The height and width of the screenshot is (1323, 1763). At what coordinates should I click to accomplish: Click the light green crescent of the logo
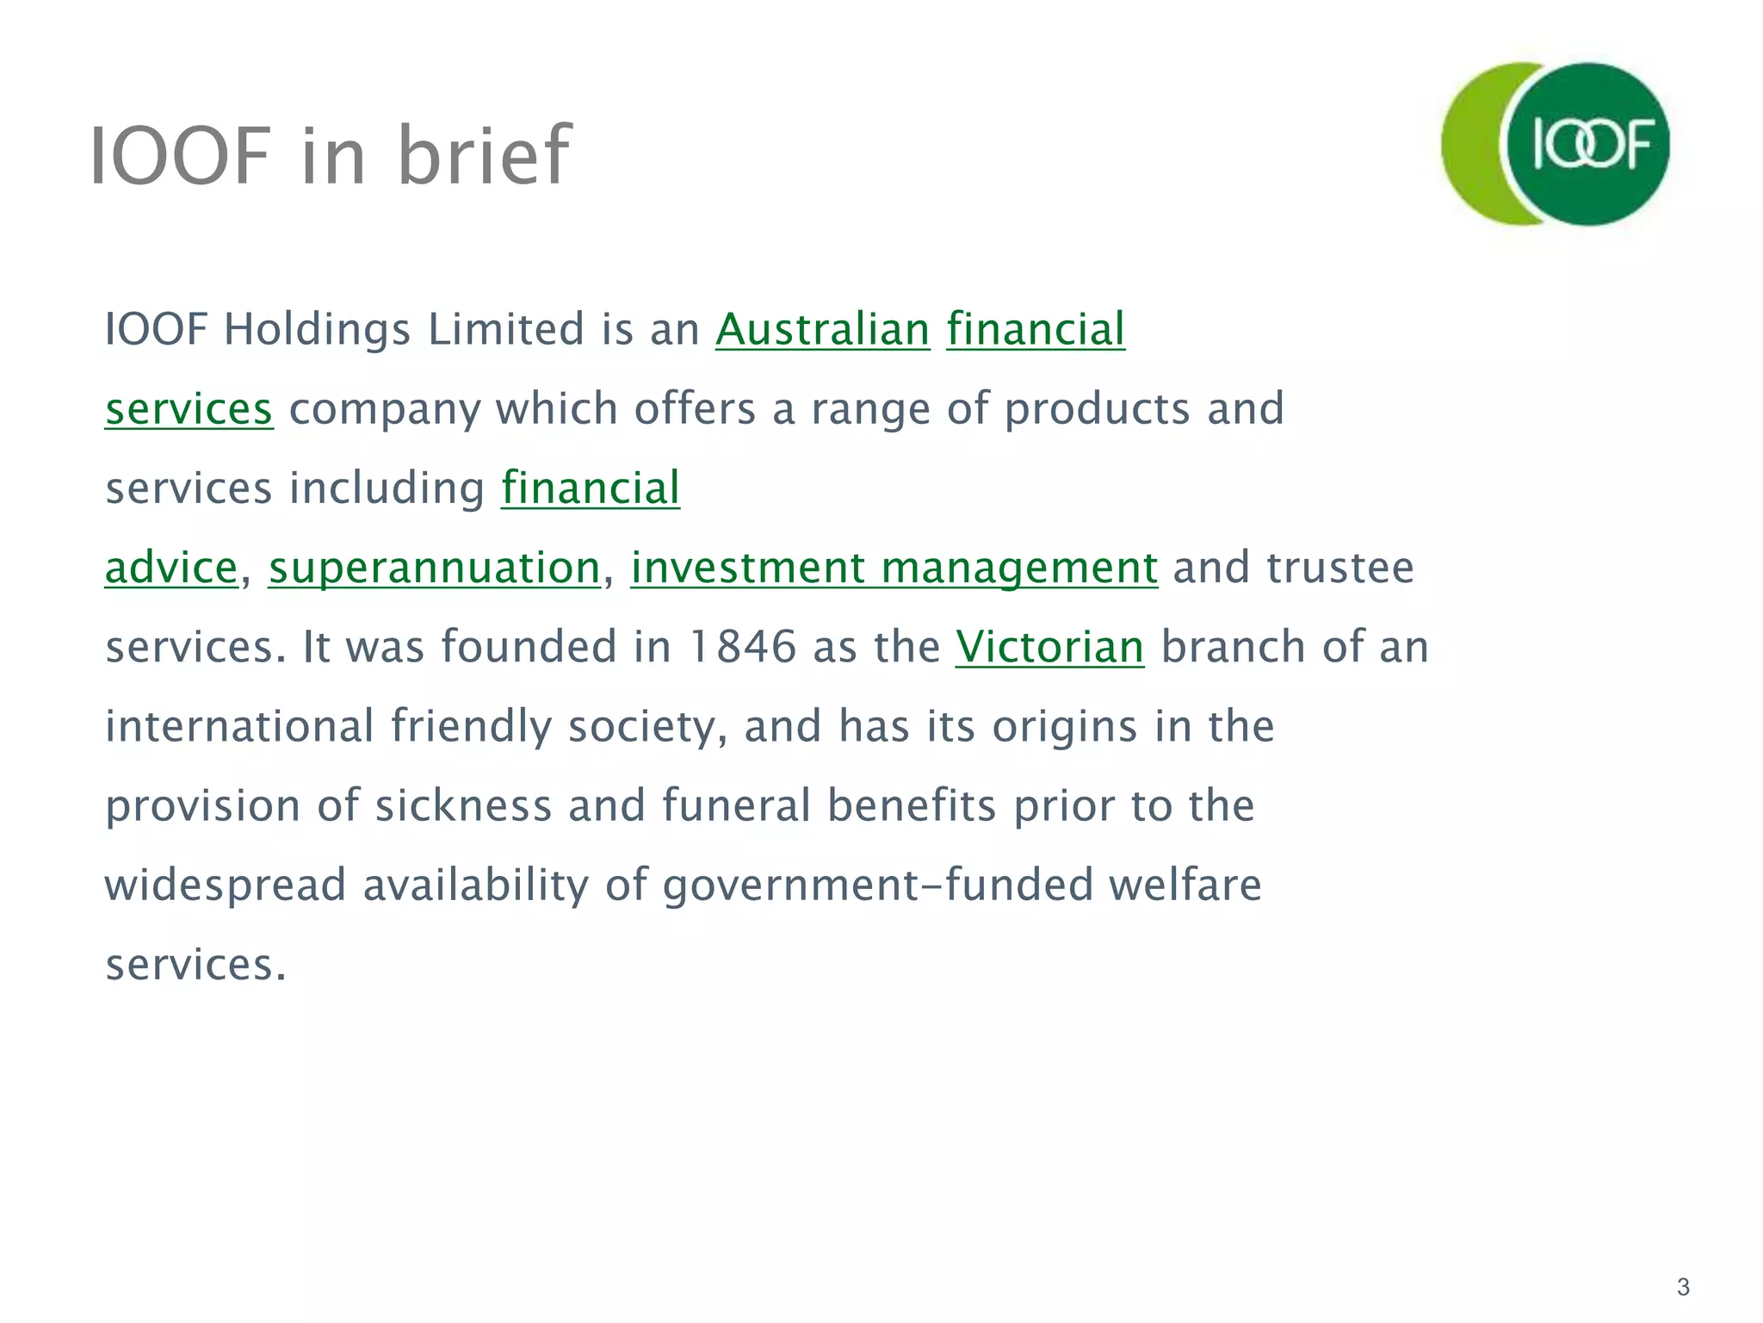(1470, 145)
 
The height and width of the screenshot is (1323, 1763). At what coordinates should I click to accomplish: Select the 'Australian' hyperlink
(822, 330)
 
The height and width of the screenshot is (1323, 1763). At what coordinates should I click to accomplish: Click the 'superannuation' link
(434, 568)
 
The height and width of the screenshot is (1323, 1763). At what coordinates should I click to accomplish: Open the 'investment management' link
(894, 568)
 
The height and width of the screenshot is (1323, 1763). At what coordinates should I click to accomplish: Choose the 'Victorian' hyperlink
(1049, 648)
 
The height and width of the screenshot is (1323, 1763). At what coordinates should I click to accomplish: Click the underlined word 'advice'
(170, 568)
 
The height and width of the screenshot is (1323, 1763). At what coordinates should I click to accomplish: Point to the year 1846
(742, 648)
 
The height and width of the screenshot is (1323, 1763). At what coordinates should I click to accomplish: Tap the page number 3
(1683, 1288)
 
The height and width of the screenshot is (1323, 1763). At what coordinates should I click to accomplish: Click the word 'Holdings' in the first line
(317, 330)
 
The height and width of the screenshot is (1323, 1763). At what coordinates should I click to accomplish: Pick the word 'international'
(239, 727)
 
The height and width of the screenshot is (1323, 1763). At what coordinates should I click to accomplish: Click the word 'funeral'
(736, 806)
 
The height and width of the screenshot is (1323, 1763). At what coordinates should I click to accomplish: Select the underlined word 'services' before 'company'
(189, 409)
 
